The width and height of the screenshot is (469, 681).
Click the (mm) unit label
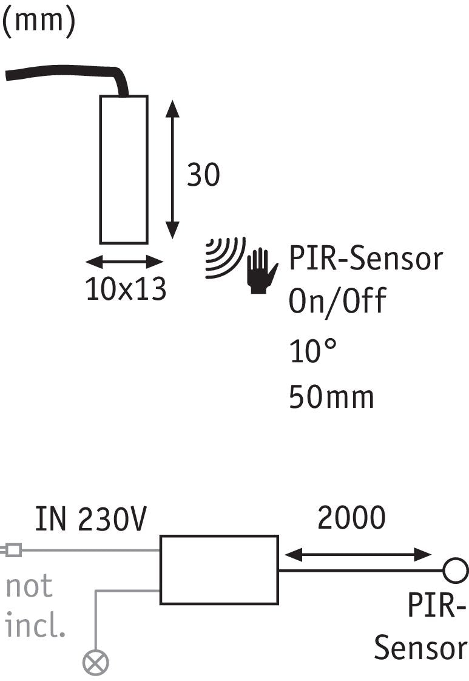39,21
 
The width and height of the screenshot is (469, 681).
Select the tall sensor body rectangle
124,169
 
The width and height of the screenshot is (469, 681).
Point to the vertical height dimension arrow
173,169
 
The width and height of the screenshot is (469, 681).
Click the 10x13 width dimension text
126,290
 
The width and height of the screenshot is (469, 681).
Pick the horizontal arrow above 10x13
125,262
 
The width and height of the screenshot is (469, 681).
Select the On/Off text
337,301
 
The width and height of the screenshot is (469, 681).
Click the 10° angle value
312,350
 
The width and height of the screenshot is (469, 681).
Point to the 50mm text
331,398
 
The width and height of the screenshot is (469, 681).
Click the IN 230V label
90,520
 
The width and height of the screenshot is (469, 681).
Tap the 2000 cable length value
351,518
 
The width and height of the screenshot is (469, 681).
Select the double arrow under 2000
358,554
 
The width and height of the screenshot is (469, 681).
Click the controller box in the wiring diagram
219,569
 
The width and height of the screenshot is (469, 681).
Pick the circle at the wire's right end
456,571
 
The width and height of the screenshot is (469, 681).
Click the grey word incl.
35,626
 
